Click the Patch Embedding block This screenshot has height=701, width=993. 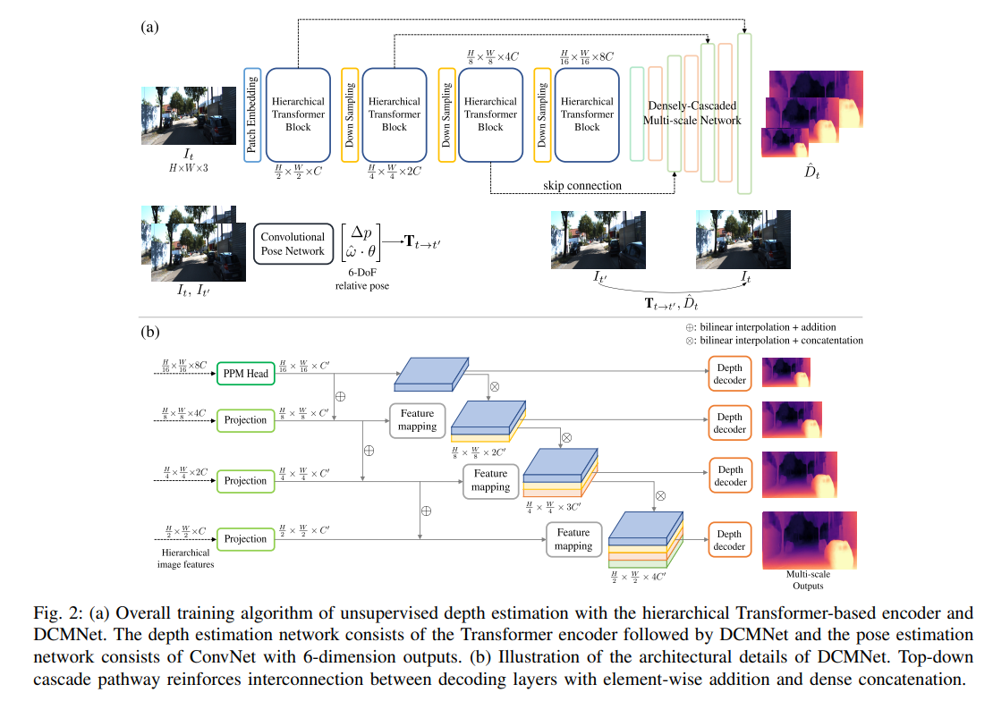(252, 114)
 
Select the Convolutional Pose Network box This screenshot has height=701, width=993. (293, 244)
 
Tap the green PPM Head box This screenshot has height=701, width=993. (246, 374)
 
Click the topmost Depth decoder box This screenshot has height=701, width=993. (730, 374)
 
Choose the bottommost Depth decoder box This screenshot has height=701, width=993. (730, 539)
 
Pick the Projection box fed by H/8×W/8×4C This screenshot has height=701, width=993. (246, 420)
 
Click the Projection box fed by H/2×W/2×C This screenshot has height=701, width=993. (246, 539)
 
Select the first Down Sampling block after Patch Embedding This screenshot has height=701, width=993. (350, 114)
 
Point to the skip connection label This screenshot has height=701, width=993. (582, 186)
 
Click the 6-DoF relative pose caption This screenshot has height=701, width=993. (361, 279)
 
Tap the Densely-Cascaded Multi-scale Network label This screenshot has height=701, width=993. (692, 113)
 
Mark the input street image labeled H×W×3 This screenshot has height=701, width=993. (189, 116)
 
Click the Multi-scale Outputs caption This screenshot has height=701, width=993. (808, 580)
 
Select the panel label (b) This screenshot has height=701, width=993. (150, 332)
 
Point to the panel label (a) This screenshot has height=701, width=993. (150, 27)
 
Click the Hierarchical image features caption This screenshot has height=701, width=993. (185, 559)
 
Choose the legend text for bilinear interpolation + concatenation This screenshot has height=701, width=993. (775, 341)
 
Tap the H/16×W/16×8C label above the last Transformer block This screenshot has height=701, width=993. (587, 57)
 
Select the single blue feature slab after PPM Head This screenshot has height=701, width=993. (431, 375)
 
